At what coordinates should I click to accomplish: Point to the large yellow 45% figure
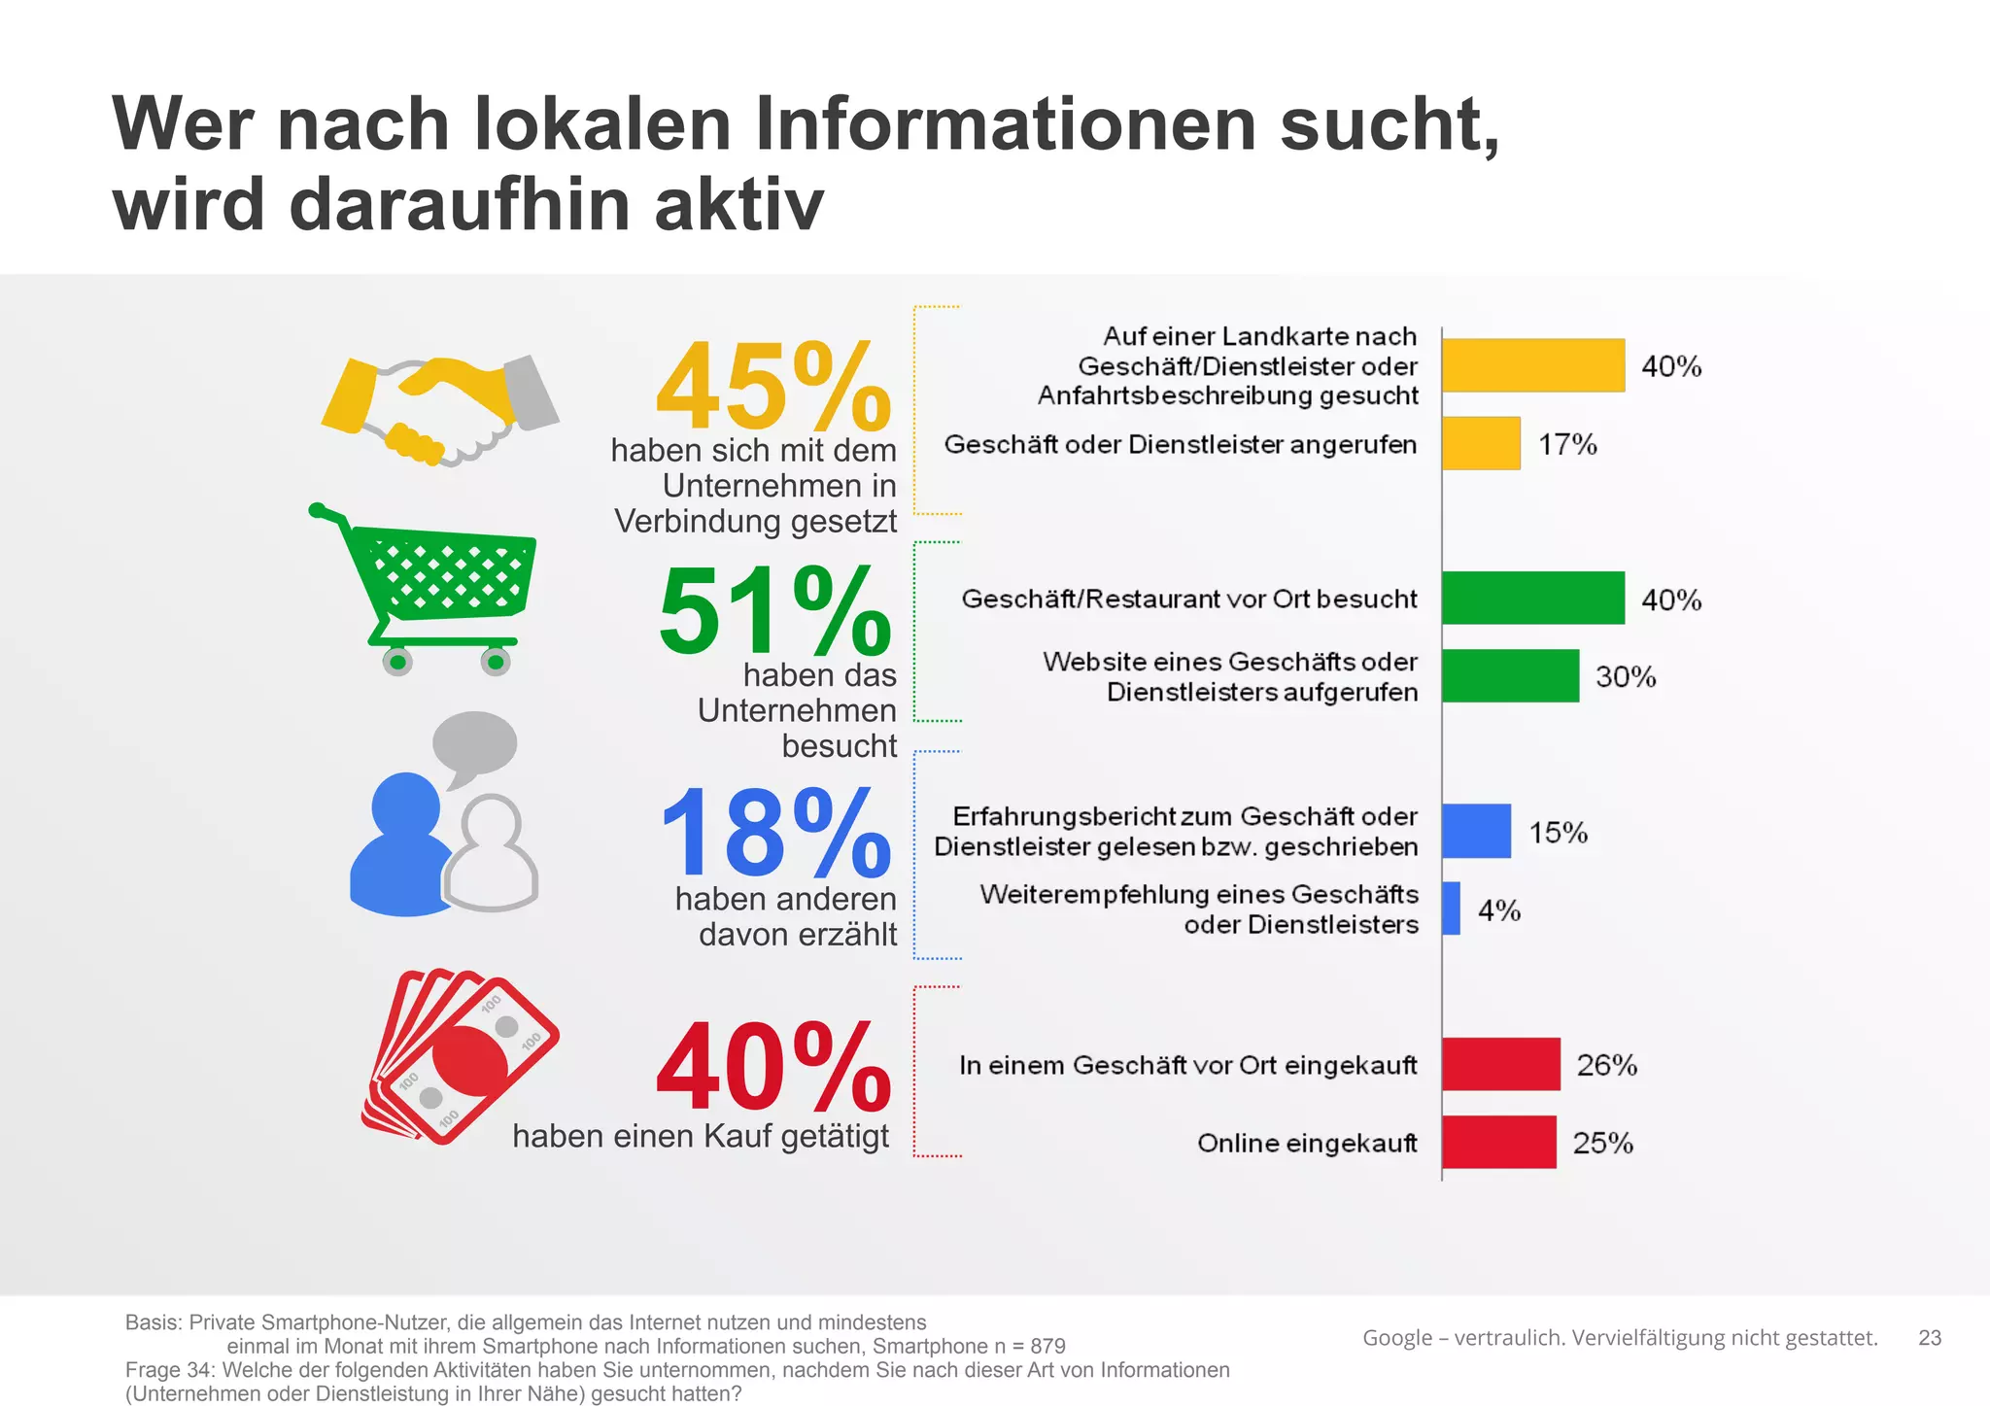[773, 387]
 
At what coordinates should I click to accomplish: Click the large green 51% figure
[773, 612]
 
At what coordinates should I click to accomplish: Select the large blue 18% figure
[775, 834]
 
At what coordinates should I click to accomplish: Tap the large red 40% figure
[773, 1067]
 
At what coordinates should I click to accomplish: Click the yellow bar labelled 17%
[1481, 444]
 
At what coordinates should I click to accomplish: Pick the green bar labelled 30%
[1510, 676]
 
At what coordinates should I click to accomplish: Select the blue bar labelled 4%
[1451, 909]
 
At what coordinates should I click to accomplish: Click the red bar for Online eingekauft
[1498, 1143]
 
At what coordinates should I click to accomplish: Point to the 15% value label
[1558, 833]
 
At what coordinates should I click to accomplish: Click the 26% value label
[1606, 1065]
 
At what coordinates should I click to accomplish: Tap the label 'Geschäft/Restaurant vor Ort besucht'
[1188, 599]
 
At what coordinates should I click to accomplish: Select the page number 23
[1930, 1338]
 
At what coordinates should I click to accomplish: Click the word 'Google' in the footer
[1397, 1338]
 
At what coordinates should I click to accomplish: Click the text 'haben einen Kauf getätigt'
[701, 1136]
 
